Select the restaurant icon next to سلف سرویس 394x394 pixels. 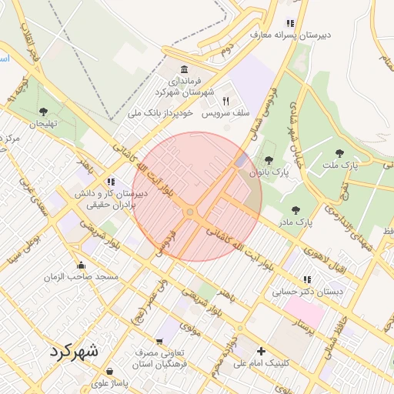coord(226,101)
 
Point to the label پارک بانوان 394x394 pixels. coord(274,173)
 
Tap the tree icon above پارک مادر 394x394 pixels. coord(295,209)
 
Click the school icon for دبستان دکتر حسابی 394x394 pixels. coord(307,279)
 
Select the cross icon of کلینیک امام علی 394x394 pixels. coord(261,351)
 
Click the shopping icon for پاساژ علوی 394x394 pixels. coord(110,371)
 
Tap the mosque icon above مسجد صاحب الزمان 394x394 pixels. coord(81,265)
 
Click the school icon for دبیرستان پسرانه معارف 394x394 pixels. coord(290,23)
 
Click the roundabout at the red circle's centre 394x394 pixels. coord(190,212)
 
